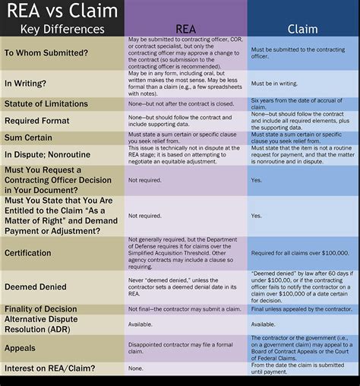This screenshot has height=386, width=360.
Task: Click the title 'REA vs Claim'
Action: click(x=62, y=11)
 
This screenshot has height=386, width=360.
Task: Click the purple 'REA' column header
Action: click(x=185, y=28)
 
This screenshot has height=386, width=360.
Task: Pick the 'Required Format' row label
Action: click(x=38, y=120)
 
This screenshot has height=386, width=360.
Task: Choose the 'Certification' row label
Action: click(x=29, y=252)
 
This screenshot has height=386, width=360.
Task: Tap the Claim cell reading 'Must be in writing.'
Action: click(x=274, y=82)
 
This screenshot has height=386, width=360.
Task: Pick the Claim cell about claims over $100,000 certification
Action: click(x=299, y=252)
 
